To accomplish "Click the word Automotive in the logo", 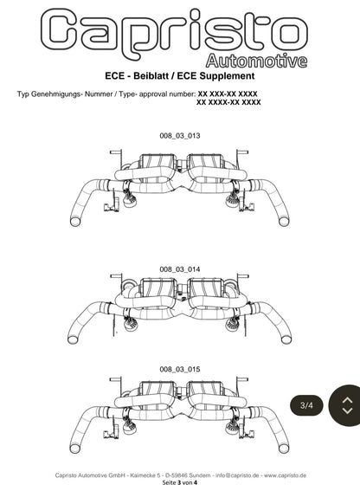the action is coord(256,61).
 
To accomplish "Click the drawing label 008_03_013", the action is coord(180,136).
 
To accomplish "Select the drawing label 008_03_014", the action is coord(180,269).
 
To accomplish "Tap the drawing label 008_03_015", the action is coord(180,369).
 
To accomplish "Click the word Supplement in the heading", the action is coord(227,76).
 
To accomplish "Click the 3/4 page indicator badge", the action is coord(306,405).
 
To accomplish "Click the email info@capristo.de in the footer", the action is coord(237,475).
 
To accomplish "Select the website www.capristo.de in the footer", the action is coord(286,475).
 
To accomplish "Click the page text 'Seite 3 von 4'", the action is coord(180,482).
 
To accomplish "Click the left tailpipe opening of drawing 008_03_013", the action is coord(76,222).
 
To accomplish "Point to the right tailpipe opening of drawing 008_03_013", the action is coord(284,222).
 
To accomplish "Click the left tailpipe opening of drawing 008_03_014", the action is coord(74,339).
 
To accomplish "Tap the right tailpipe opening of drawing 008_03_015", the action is coord(284,449).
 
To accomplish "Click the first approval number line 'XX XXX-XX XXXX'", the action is coord(228,94).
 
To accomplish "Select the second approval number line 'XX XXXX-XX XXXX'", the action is coord(228,102).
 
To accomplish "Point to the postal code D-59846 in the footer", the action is coord(176,475).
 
